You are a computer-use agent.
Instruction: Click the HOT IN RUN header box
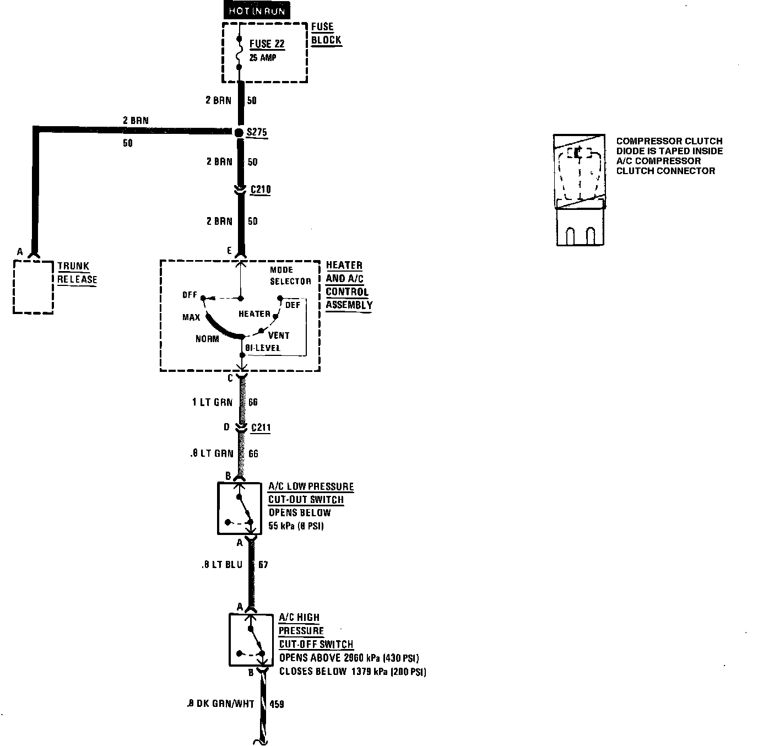click(x=257, y=11)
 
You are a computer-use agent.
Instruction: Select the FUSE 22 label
click(x=267, y=44)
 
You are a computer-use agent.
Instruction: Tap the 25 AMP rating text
click(x=263, y=57)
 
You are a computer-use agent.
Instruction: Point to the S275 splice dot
click(x=239, y=133)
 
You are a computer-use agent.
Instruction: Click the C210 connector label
click(x=261, y=190)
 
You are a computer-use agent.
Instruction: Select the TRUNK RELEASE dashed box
click(x=33, y=286)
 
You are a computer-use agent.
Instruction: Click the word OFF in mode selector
click(x=189, y=295)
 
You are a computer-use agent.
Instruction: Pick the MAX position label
click(x=191, y=317)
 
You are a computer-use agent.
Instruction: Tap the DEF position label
click(x=293, y=305)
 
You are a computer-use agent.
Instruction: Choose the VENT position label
click(x=279, y=335)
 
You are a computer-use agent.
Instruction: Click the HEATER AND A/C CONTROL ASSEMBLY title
click(x=349, y=285)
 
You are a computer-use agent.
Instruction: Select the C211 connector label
click(x=261, y=428)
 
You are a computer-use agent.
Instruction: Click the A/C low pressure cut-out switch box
click(x=240, y=509)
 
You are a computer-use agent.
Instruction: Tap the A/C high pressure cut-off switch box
click(x=251, y=640)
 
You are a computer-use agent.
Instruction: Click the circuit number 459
click(x=277, y=704)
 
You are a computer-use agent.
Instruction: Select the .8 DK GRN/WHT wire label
click(x=220, y=704)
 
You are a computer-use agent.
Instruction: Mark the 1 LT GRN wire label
click(x=212, y=402)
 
